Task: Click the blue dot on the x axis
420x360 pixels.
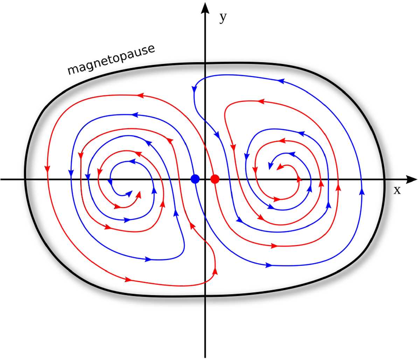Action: click(195, 179)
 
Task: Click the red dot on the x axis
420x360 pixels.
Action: click(215, 179)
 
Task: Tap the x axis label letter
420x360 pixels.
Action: click(397, 190)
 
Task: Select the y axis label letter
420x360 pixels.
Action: click(223, 18)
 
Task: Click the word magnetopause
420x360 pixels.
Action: click(111, 59)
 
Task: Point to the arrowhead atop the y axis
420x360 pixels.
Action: click(205, 8)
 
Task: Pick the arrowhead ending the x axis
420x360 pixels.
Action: click(412, 179)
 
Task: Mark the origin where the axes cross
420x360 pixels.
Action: click(205, 179)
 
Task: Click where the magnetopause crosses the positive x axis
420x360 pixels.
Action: click(384, 179)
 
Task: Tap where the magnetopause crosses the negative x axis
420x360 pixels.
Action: click(25, 179)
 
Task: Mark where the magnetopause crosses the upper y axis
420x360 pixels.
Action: click(205, 64)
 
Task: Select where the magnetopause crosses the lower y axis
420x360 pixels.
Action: click(205, 296)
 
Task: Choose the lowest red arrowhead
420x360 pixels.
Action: click(128, 280)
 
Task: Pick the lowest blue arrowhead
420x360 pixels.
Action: click(269, 265)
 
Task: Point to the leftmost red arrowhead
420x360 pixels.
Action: click(47, 169)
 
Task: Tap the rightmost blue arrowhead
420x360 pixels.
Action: click(362, 191)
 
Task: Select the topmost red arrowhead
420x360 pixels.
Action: click(141, 95)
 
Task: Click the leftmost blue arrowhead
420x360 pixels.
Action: click(71, 173)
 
